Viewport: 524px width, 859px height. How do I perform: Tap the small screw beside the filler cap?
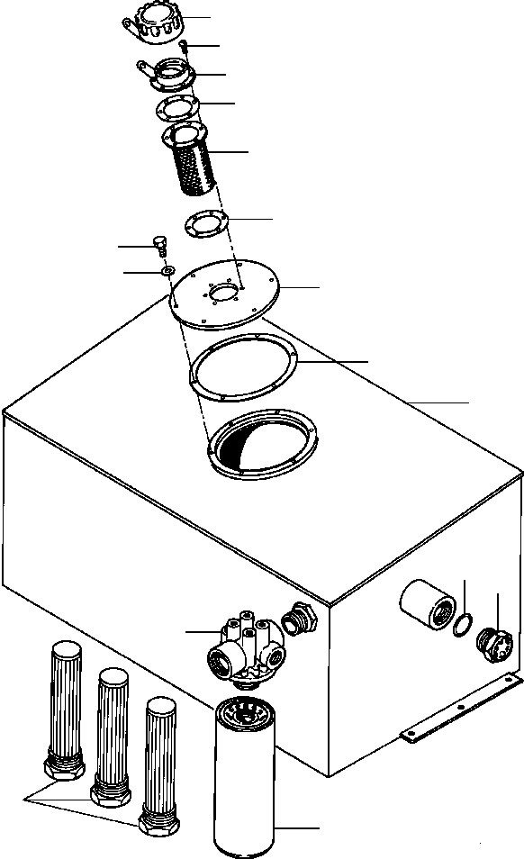point(183,46)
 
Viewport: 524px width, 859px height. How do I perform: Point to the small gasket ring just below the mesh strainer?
point(205,223)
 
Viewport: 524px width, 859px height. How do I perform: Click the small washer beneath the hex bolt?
point(167,271)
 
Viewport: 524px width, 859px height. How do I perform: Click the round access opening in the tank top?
point(261,440)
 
